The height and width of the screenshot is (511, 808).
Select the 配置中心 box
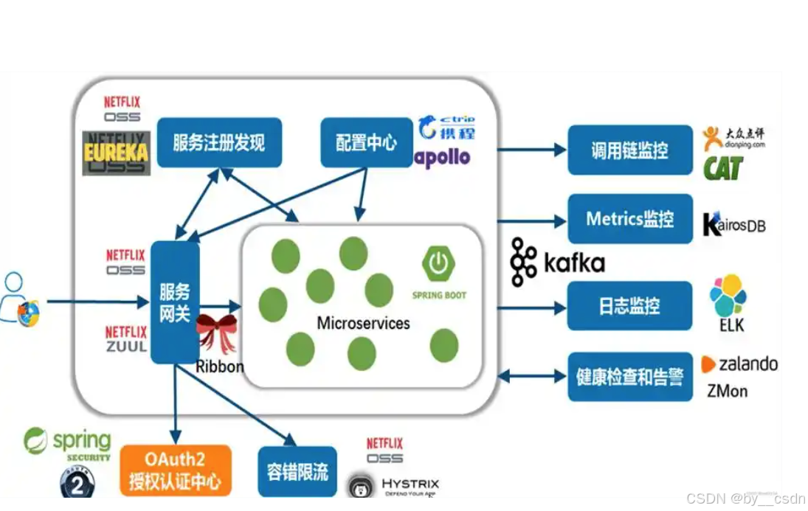tap(366, 142)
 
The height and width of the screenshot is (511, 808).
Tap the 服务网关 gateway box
tap(175, 302)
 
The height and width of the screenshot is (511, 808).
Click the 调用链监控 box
tap(629, 150)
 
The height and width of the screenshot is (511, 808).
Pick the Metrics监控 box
tap(629, 219)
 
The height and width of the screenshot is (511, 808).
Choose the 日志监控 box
tap(629, 306)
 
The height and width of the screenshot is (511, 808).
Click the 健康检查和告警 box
tap(629, 377)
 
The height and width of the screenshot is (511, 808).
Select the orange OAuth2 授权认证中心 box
tap(175, 472)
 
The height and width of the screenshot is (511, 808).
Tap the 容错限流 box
tap(297, 472)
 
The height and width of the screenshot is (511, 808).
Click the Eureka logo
tap(116, 153)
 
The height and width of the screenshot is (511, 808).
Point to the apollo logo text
tap(442, 157)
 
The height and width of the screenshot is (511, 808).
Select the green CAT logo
tap(722, 167)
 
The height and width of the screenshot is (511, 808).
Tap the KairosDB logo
tap(734, 224)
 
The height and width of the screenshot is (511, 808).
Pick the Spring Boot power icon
tap(438, 264)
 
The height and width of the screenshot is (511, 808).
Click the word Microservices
tap(363, 323)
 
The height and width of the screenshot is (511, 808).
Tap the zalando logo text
tap(740, 364)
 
